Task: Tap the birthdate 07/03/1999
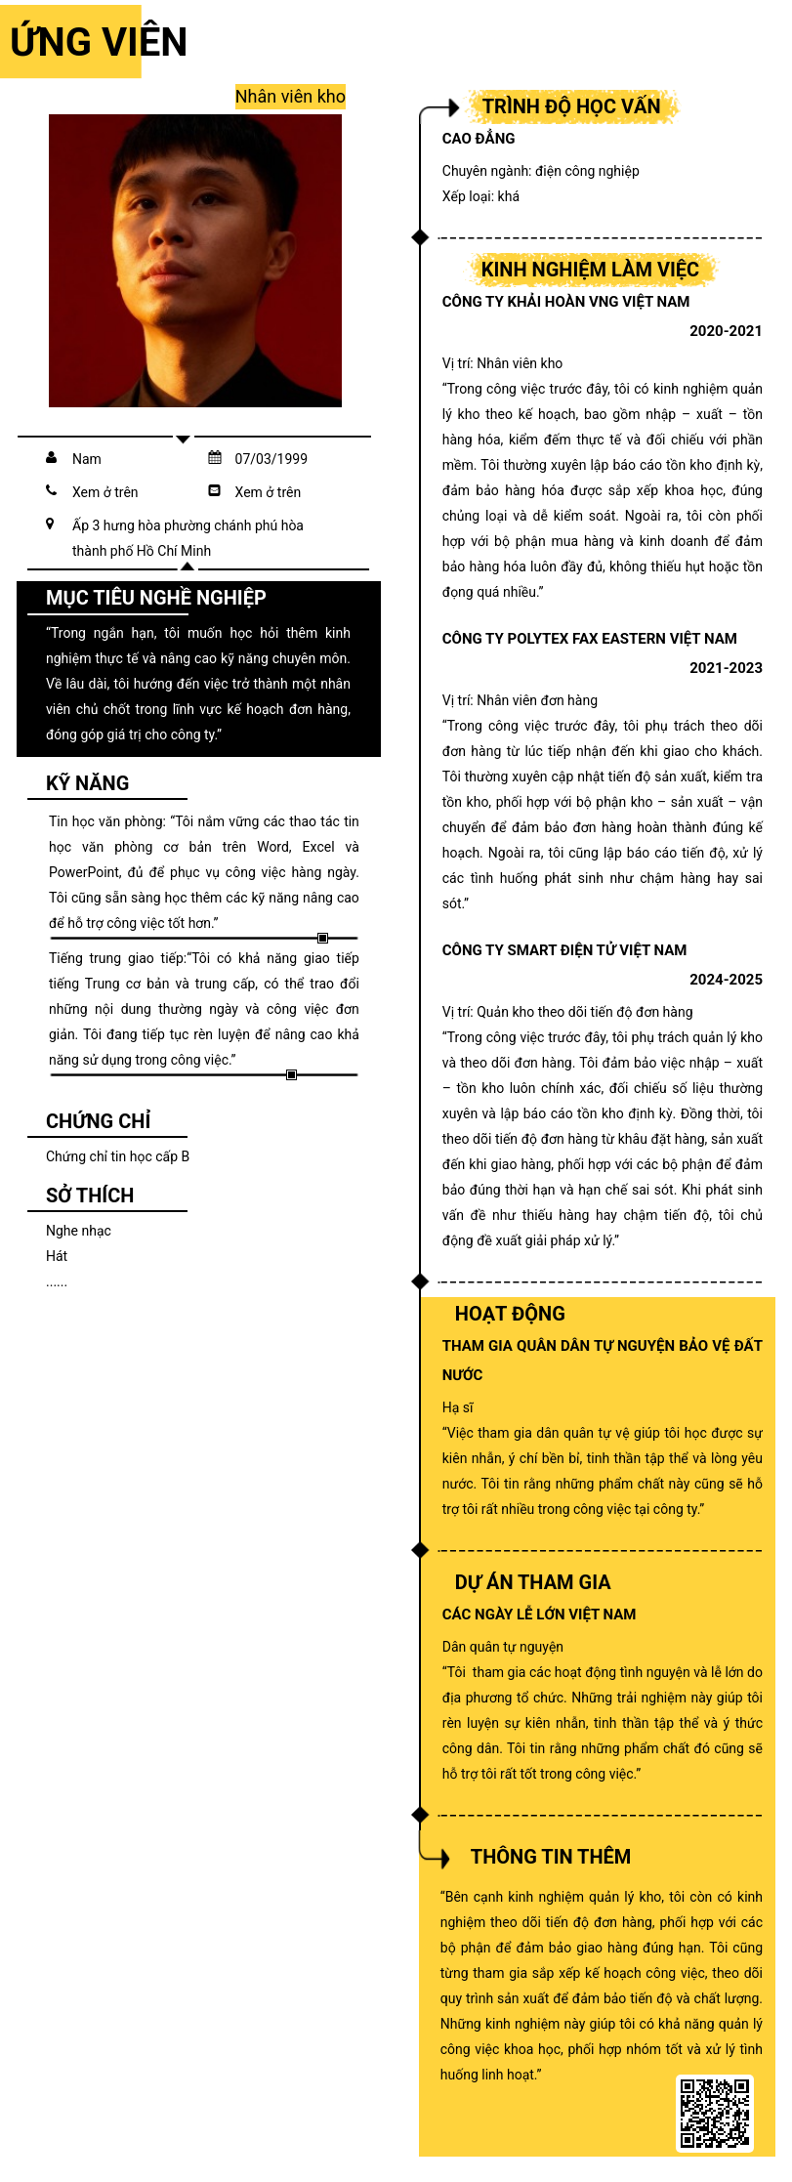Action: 271,459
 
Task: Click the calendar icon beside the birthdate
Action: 215,458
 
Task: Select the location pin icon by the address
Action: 51,525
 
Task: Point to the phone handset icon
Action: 52,491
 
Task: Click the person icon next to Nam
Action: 52,458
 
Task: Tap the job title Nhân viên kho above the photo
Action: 290,97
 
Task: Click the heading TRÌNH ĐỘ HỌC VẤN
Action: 570,106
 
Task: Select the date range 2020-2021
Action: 725,331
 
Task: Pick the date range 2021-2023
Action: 725,668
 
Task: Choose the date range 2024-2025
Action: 725,980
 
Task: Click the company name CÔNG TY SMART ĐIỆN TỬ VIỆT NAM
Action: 563,950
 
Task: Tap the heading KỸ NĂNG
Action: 87,783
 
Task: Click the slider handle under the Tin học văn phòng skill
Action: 322,938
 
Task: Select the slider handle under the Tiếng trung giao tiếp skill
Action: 291,1074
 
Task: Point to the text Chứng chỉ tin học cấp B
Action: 117,1156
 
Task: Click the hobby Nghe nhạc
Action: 78,1231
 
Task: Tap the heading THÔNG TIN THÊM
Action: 550,1857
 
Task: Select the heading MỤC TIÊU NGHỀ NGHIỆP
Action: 155,598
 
